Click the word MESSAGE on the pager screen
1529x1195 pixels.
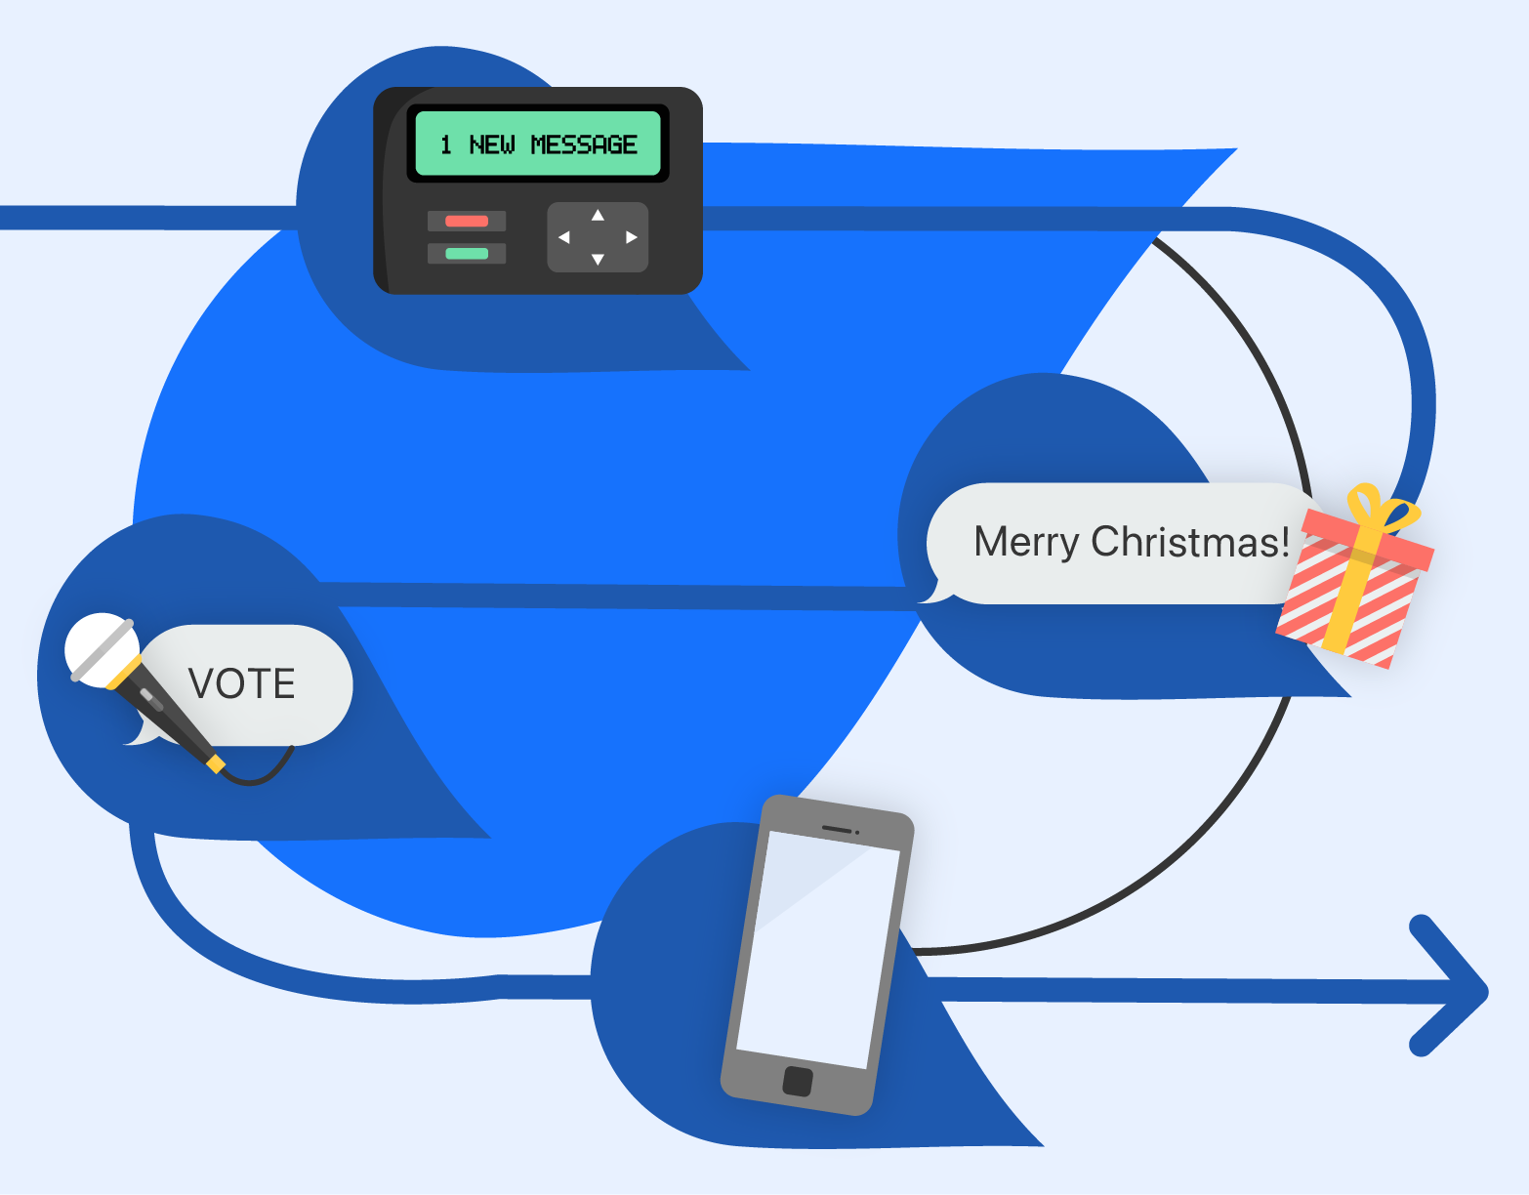pos(584,144)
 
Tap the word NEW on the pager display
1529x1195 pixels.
pos(491,144)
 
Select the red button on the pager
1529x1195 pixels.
pos(467,221)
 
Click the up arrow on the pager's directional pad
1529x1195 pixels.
pos(598,215)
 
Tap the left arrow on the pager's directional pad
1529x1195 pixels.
pos(563,237)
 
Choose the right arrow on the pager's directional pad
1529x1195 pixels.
pos(632,237)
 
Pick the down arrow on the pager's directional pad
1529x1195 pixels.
pos(598,260)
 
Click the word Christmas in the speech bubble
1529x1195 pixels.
pos(1190,542)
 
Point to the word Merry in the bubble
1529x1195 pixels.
pos(1025,542)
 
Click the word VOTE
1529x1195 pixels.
pos(241,683)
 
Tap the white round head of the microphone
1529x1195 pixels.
pos(98,646)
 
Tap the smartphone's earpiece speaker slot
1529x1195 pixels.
pos(838,829)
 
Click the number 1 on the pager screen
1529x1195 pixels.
pos(446,144)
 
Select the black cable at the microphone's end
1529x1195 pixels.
pos(264,776)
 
